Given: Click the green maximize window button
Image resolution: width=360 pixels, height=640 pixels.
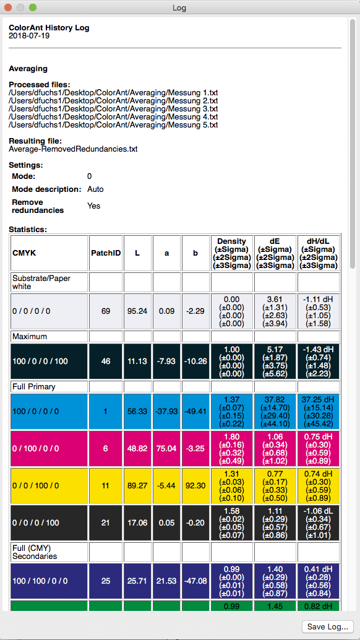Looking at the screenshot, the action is tap(33, 7).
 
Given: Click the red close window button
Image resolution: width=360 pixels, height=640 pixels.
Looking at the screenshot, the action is tap(8, 7).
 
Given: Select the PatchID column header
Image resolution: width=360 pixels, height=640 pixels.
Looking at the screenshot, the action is tap(106, 253).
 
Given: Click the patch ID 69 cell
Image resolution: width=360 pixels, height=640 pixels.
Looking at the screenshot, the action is tap(106, 311).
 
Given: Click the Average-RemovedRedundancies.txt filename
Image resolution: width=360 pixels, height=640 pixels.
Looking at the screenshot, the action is tap(73, 149).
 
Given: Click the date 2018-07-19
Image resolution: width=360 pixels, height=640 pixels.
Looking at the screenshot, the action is tap(29, 36).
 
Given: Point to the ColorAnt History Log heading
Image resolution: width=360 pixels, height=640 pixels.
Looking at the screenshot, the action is tap(49, 28).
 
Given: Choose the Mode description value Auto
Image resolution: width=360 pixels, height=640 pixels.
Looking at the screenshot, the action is tap(95, 189).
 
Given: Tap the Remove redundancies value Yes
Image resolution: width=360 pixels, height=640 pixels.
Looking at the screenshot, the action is tap(93, 205).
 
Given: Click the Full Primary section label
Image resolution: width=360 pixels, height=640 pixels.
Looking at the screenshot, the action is tap(34, 386).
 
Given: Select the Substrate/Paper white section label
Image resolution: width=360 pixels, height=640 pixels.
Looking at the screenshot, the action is tap(41, 282).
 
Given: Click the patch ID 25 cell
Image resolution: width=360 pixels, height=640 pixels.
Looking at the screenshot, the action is tap(106, 581).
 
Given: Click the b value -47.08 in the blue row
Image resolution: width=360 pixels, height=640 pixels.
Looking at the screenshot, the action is tap(195, 581).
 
